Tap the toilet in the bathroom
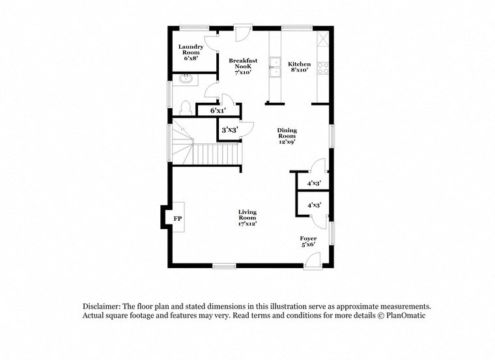click(185, 107)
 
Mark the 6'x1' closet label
click(218, 111)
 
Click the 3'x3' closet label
click(229, 130)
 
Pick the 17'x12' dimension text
click(247, 224)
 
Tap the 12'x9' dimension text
click(287, 143)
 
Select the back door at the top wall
click(243, 33)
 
